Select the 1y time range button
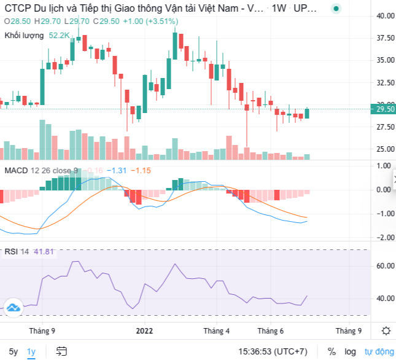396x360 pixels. [x=32, y=351]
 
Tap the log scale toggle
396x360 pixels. [x=349, y=351]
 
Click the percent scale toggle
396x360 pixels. [x=332, y=351]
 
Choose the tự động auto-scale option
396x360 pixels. [x=378, y=351]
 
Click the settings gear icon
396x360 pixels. [x=386, y=331]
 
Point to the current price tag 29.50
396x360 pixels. [x=384, y=109]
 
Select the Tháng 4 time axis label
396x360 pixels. [x=217, y=331]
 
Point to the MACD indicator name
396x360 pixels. [x=16, y=170]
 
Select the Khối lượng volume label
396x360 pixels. [x=24, y=36]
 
